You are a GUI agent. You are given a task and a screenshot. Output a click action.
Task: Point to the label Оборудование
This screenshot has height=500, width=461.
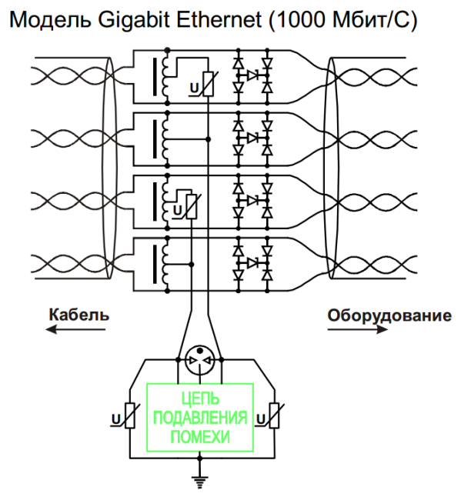[389, 315]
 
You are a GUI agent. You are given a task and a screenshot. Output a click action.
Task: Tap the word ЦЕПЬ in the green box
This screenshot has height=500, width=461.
[201, 400]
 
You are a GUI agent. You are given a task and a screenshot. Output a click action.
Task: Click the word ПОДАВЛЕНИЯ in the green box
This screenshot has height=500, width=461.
[201, 418]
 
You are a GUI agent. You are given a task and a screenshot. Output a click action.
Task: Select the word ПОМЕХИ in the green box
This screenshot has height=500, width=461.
[201, 437]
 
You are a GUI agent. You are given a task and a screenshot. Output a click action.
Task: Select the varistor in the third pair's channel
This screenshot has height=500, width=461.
[191, 206]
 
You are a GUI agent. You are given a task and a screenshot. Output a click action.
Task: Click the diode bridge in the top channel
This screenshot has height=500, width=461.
[252, 75]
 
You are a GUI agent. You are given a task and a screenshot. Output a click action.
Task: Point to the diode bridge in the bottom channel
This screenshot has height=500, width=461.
[252, 262]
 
